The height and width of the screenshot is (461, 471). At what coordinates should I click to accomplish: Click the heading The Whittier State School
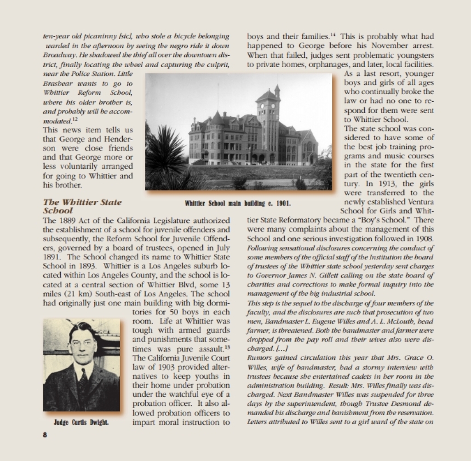click(x=82, y=206)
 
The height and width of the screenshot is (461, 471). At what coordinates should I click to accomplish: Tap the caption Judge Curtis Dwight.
click(x=81, y=422)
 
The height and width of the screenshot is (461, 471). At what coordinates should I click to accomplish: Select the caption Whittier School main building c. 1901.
click(x=238, y=202)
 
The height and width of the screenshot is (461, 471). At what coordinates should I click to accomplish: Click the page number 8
click(x=45, y=435)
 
